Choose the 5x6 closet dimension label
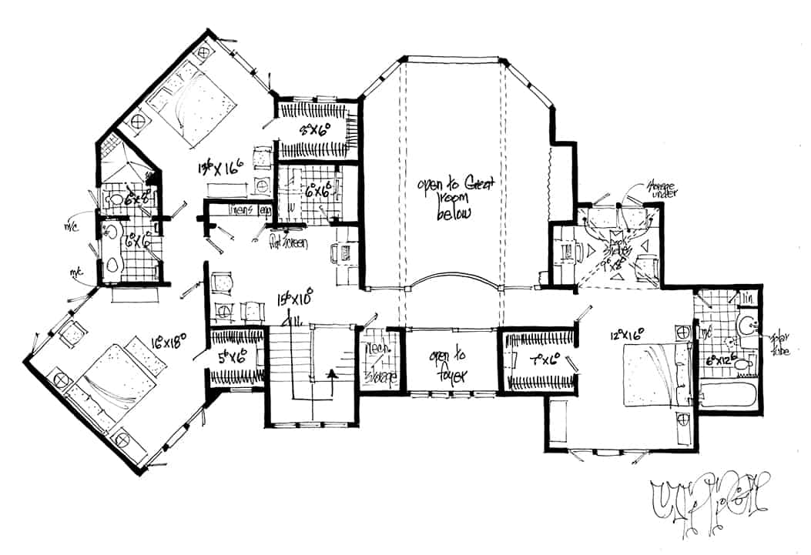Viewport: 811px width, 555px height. click(229, 357)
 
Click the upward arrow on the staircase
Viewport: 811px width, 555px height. click(332, 376)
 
